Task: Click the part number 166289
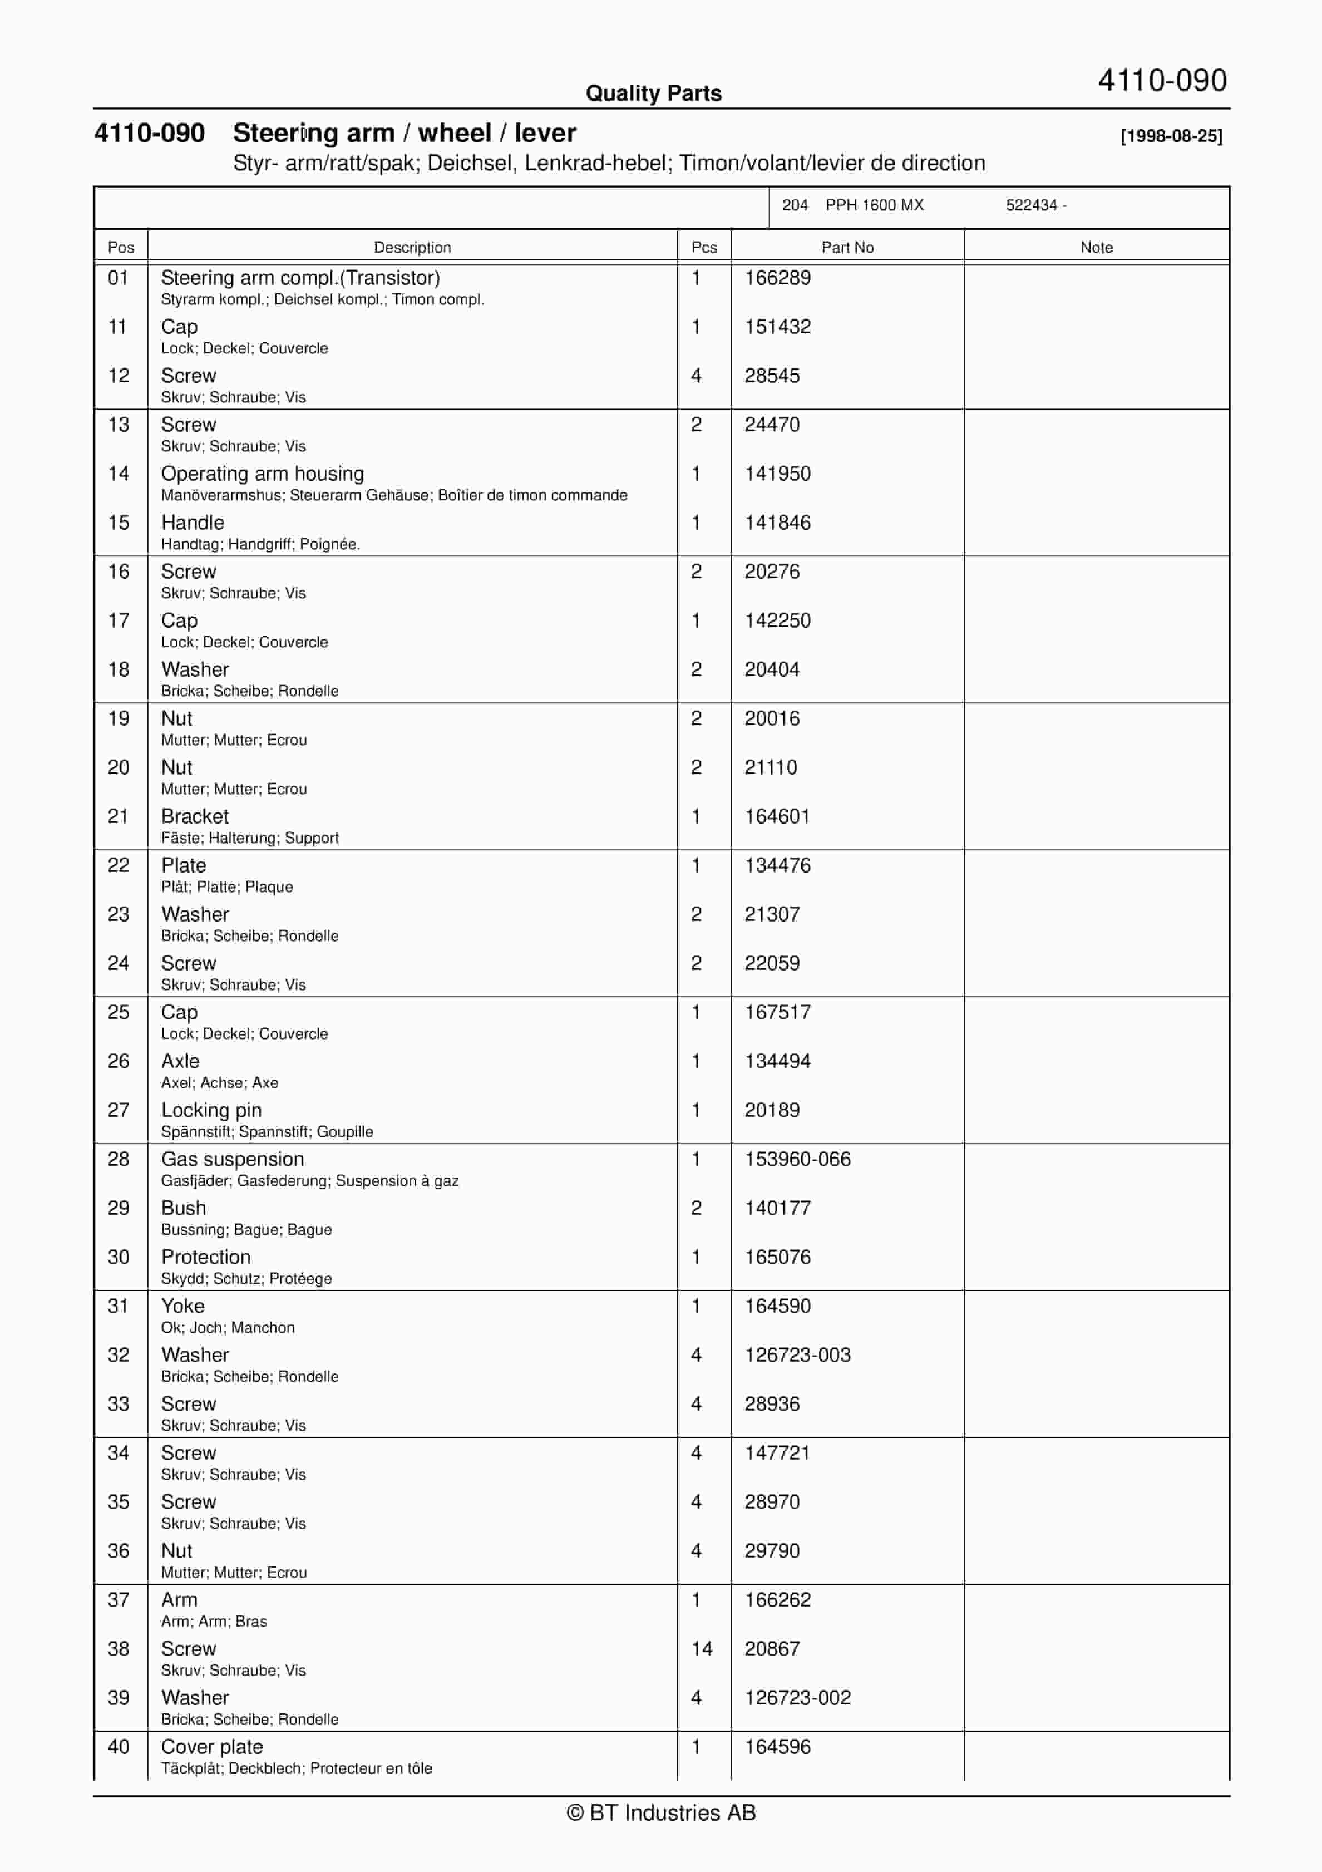coord(777,278)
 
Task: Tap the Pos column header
coord(121,247)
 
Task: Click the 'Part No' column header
coord(847,247)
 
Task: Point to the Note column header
coord(1096,247)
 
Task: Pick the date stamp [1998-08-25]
coord(1171,136)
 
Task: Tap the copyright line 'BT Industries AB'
coord(661,1812)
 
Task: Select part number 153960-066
coord(797,1159)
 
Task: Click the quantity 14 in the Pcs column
coord(702,1649)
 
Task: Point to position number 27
coord(118,1111)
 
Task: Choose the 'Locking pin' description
coord(211,1111)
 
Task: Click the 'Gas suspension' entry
coord(232,1159)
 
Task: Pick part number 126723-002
coord(797,1697)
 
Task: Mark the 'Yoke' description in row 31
coord(182,1306)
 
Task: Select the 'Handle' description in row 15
coord(193,523)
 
